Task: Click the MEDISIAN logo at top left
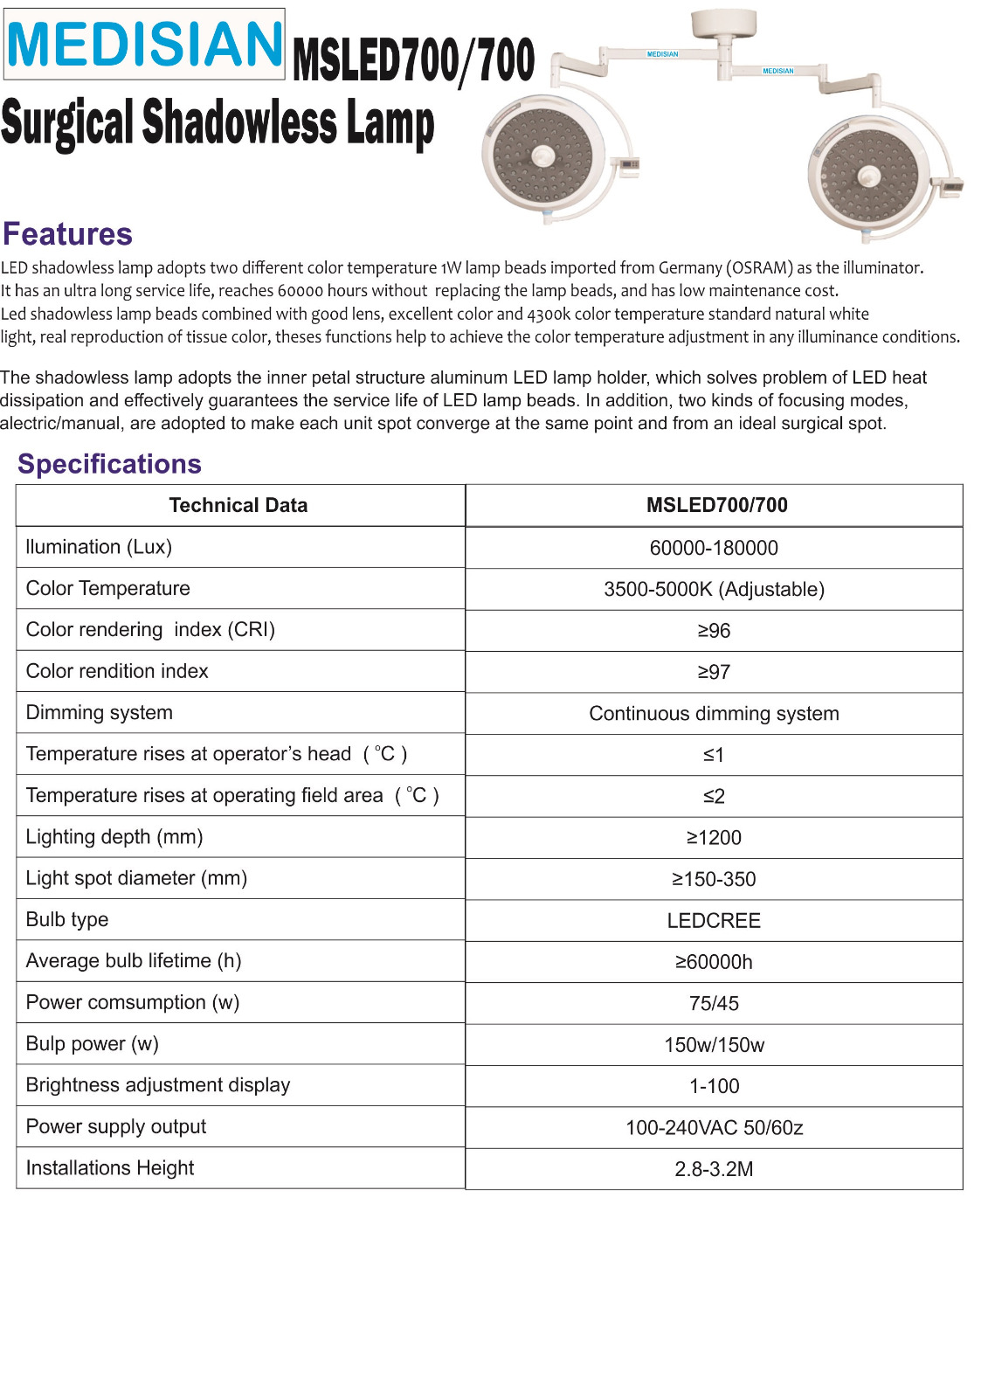tap(145, 44)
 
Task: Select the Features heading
tap(67, 234)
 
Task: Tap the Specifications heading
tap(109, 464)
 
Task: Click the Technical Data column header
tap(238, 505)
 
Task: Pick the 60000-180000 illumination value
tap(714, 548)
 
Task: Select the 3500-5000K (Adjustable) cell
tap(714, 589)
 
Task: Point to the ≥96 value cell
tap(714, 631)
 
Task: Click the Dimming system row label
tap(100, 713)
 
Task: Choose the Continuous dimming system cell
tap(714, 714)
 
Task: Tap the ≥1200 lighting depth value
tap(714, 838)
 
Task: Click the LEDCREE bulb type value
tap(714, 921)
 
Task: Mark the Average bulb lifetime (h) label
tap(134, 961)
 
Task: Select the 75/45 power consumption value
tap(714, 1004)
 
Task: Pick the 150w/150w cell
tap(714, 1045)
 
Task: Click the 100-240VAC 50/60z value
tap(714, 1128)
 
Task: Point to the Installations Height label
tap(110, 1168)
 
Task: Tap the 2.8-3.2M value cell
tap(714, 1169)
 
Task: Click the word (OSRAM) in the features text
tap(759, 268)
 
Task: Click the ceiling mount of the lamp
tap(723, 24)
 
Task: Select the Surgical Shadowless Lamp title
tap(218, 123)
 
